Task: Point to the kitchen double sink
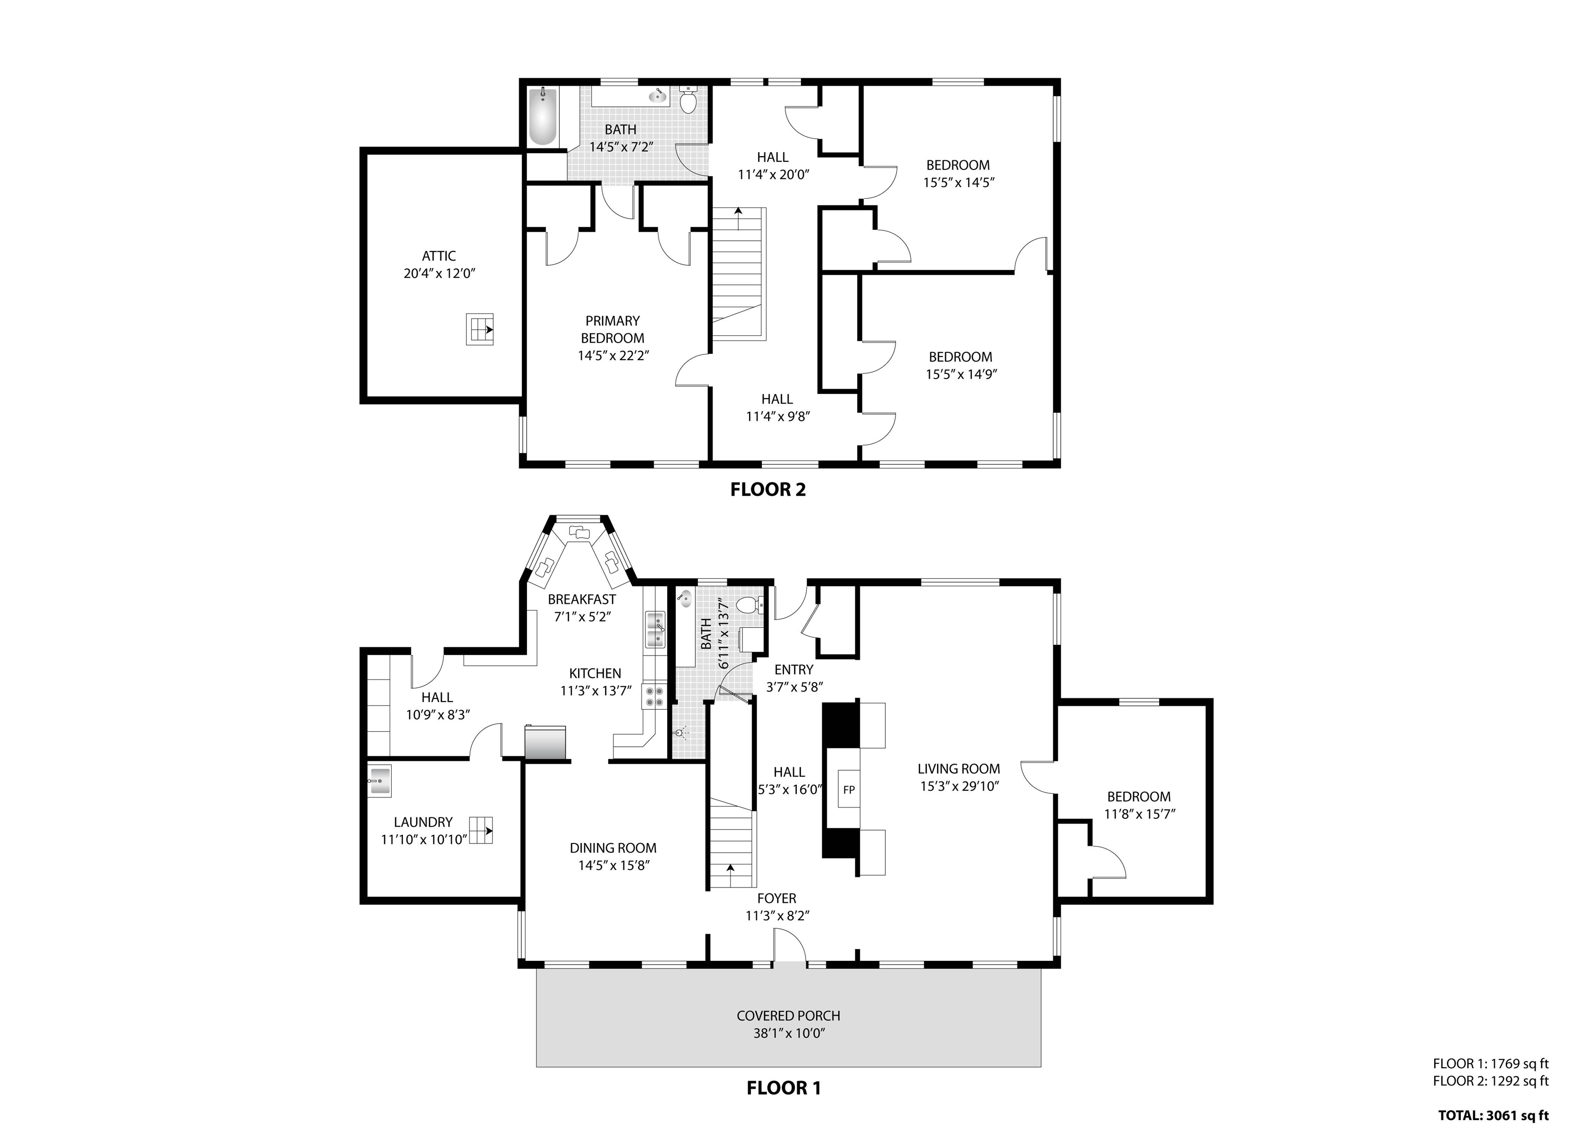point(655,630)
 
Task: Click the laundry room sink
point(379,781)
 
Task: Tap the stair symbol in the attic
point(479,329)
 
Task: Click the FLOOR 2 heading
point(768,490)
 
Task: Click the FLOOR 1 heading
point(784,1088)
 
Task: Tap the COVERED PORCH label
point(789,1016)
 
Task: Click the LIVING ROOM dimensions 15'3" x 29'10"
point(959,787)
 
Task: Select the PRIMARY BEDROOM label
point(612,329)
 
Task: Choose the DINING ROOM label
point(613,848)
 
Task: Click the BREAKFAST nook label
point(582,599)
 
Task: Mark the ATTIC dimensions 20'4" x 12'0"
point(439,273)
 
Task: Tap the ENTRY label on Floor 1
point(794,669)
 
